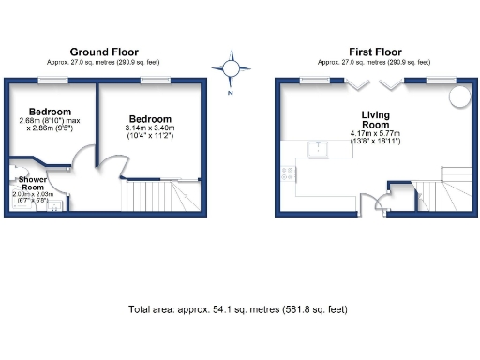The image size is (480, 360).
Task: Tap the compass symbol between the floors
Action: [x=230, y=67]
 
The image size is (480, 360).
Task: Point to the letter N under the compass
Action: [x=230, y=92]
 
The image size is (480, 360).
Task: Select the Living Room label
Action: [x=375, y=120]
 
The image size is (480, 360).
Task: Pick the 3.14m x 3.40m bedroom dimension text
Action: [x=150, y=127]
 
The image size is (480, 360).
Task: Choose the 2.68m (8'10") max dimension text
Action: [x=52, y=120]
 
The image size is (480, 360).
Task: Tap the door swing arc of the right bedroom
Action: [x=111, y=167]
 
